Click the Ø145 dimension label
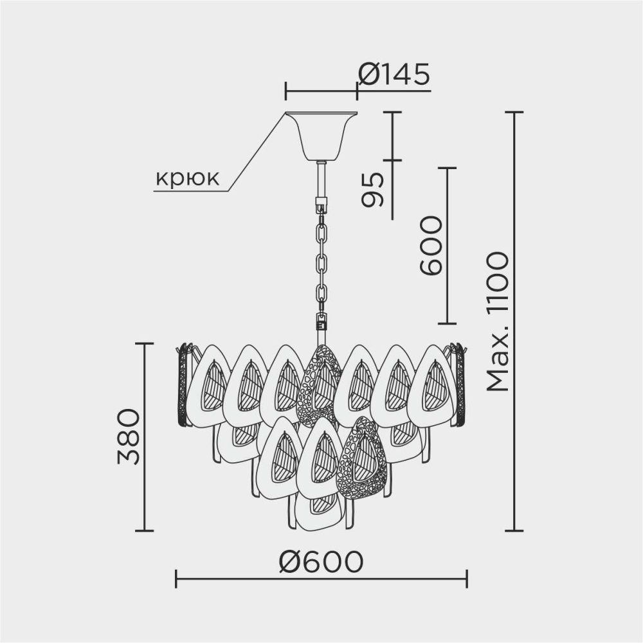coord(394,75)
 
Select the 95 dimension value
coord(372,190)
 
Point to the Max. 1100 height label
coord(498,321)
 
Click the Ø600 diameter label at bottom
coord(321,563)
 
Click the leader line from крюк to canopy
coord(257,152)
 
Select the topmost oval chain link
coord(321,230)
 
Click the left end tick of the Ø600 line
coord(176,578)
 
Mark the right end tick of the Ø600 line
coord(467,578)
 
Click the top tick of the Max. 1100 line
coord(514,112)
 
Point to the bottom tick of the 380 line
coord(144,530)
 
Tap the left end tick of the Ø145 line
coord(286,91)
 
